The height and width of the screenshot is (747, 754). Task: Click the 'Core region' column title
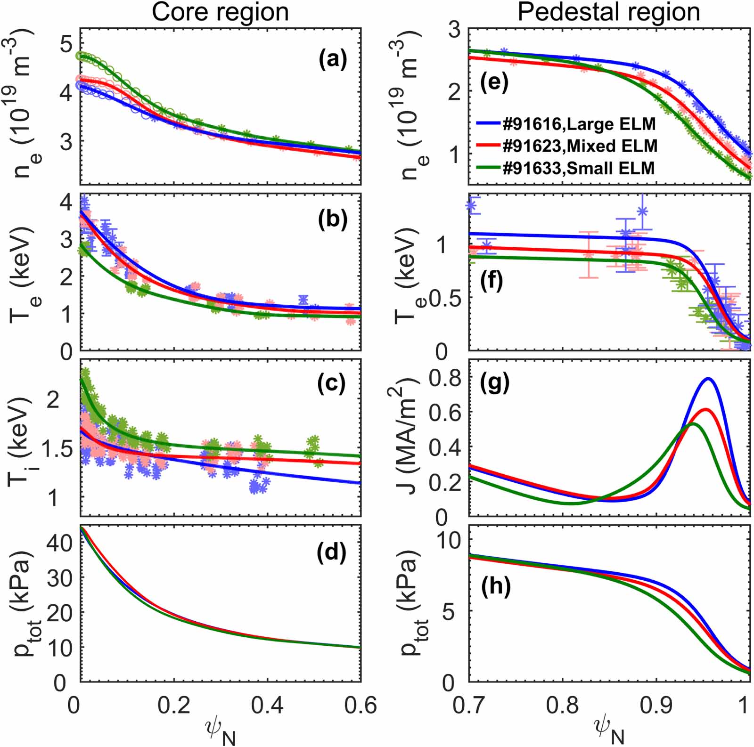(220, 12)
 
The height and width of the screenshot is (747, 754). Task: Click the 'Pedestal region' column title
(609, 12)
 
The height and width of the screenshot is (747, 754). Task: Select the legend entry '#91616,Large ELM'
(579, 124)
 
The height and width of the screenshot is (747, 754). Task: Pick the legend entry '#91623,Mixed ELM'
(580, 146)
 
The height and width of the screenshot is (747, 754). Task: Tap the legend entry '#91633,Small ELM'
(578, 168)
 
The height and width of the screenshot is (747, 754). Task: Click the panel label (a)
(333, 60)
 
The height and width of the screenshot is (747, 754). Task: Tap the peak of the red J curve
(705, 409)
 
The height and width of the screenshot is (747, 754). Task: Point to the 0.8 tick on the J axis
(446, 378)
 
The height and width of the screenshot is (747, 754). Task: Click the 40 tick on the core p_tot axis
(60, 543)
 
